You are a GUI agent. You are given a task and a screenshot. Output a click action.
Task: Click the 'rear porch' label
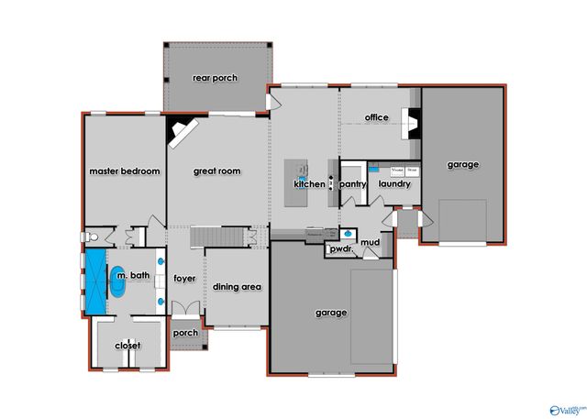click(x=215, y=78)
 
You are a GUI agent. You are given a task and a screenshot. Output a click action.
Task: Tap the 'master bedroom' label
click(x=125, y=171)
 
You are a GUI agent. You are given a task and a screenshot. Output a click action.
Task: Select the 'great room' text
click(x=216, y=171)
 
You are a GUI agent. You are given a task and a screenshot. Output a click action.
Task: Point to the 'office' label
click(x=377, y=117)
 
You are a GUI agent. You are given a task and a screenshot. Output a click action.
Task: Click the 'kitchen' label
click(x=309, y=184)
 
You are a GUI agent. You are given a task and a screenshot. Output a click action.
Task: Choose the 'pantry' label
click(x=353, y=184)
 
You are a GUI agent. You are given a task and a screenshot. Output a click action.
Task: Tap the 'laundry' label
click(x=394, y=184)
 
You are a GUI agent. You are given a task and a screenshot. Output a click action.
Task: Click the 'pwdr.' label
click(x=342, y=248)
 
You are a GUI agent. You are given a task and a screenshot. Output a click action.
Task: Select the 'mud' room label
click(x=370, y=243)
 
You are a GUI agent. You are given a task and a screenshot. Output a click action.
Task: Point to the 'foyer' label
click(x=185, y=278)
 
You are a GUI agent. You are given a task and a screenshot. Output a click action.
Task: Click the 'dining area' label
click(x=238, y=287)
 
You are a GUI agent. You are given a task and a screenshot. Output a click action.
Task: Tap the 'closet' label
click(x=127, y=346)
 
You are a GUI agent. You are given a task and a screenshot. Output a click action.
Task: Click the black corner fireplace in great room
click(x=177, y=134)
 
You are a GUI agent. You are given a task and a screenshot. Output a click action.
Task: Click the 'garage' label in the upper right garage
click(x=463, y=165)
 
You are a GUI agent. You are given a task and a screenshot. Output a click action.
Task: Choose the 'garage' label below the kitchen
click(x=332, y=313)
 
